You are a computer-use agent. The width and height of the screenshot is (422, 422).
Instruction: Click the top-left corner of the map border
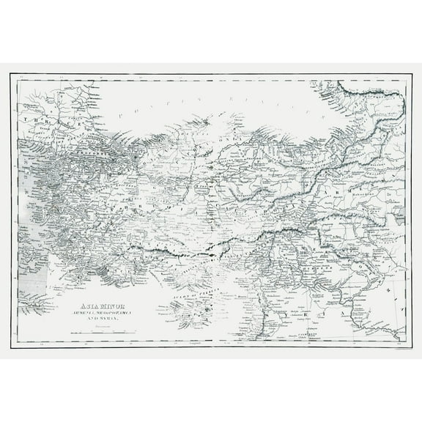coord(11,75)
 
